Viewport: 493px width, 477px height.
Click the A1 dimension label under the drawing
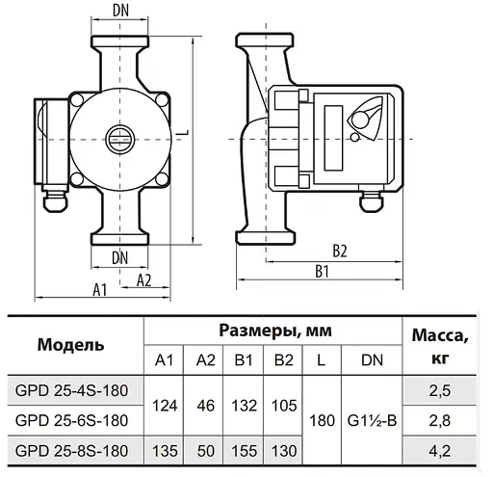(98, 288)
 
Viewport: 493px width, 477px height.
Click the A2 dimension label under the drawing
(143, 279)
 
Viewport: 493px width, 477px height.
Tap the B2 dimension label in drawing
(338, 251)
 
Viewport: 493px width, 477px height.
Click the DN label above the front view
(121, 11)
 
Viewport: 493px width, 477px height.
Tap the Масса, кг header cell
(440, 345)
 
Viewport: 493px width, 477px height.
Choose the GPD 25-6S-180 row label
(72, 420)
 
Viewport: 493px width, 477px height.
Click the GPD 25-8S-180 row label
(72, 450)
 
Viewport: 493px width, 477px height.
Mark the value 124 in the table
(166, 405)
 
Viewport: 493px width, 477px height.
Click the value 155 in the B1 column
(244, 450)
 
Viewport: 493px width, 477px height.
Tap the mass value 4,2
(440, 450)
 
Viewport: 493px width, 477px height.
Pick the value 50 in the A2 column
(205, 450)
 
